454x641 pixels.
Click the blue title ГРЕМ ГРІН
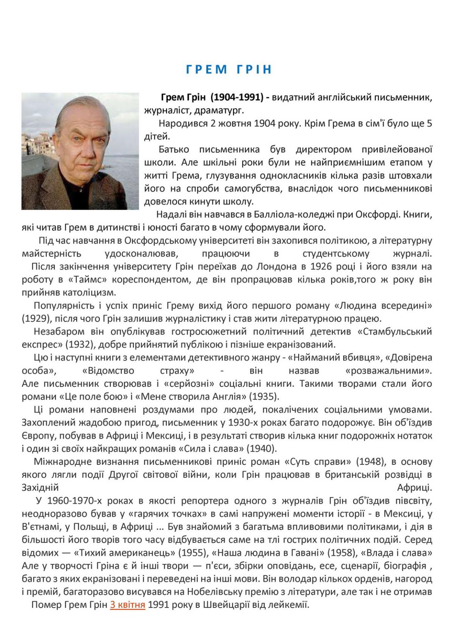229,70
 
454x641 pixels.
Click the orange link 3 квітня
127,604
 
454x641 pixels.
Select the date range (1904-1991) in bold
236,97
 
